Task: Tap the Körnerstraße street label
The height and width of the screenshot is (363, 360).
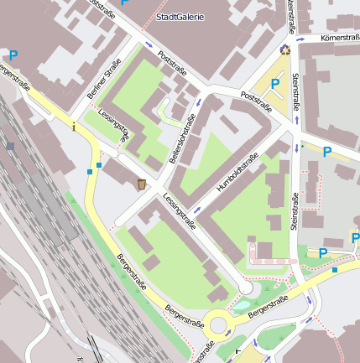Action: coord(339,39)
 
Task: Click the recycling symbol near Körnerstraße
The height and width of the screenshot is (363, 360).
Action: coord(285,49)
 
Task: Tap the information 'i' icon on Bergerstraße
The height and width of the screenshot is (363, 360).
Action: coord(74,127)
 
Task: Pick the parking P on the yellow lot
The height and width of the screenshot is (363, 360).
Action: coord(275,84)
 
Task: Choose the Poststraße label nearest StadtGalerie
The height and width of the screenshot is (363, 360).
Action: coord(171,65)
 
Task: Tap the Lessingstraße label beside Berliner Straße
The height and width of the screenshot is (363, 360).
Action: coord(114,123)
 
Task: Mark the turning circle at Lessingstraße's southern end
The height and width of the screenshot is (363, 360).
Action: coord(244,288)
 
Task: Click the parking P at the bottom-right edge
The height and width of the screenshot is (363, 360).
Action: coord(323,252)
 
